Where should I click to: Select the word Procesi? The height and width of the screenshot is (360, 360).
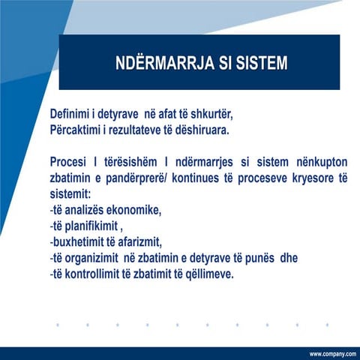(x=72, y=162)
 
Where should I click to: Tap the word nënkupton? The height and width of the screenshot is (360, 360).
(x=316, y=162)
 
